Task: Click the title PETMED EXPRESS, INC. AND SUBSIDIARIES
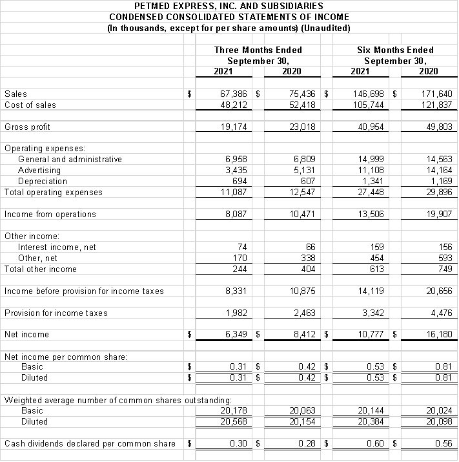[x=229, y=6]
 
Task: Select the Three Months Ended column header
[x=258, y=50]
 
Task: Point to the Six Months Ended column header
[x=395, y=50]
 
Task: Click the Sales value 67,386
[x=234, y=94]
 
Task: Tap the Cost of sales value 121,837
[x=436, y=105]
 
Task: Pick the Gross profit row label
[x=27, y=127]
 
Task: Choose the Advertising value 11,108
[x=370, y=170]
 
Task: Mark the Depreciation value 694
[x=239, y=181]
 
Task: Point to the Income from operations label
[x=50, y=214]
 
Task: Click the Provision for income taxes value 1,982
[x=236, y=313]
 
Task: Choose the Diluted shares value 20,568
[x=234, y=421]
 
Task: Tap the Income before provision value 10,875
[x=302, y=291]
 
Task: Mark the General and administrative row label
[x=70, y=159]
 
